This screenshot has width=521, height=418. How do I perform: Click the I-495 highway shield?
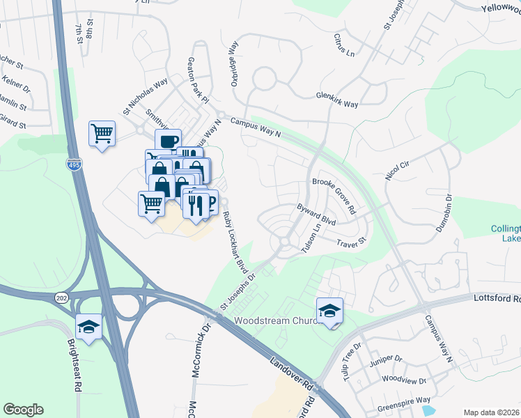[x=72, y=164]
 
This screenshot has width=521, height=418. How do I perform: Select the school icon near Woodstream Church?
[x=329, y=310]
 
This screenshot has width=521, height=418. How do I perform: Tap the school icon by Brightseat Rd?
[x=89, y=327]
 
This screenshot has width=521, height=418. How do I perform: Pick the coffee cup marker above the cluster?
[x=168, y=141]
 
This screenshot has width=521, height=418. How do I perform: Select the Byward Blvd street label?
[x=316, y=212]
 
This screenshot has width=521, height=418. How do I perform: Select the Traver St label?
[x=350, y=243]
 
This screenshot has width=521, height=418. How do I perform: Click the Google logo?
[x=23, y=410]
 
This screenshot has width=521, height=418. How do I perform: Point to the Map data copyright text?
[x=490, y=412]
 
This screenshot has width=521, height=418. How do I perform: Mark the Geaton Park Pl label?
[x=197, y=80]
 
